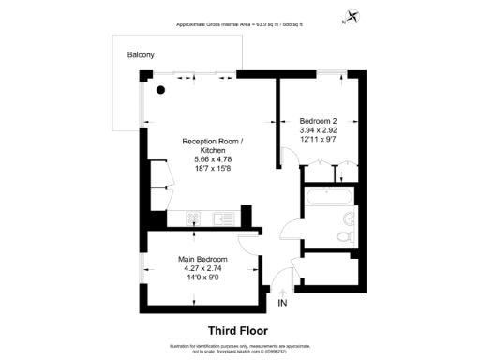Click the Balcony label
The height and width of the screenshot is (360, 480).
click(x=142, y=56)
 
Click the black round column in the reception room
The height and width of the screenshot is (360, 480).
click(x=160, y=91)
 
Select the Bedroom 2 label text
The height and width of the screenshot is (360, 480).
click(x=318, y=121)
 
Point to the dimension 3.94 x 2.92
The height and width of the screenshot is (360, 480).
click(x=318, y=131)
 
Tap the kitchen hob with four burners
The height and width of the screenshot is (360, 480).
click(x=192, y=218)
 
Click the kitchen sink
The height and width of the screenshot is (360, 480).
click(x=222, y=218)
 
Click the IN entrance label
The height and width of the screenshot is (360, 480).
click(x=284, y=304)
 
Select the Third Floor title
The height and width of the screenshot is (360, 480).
click(x=237, y=330)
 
